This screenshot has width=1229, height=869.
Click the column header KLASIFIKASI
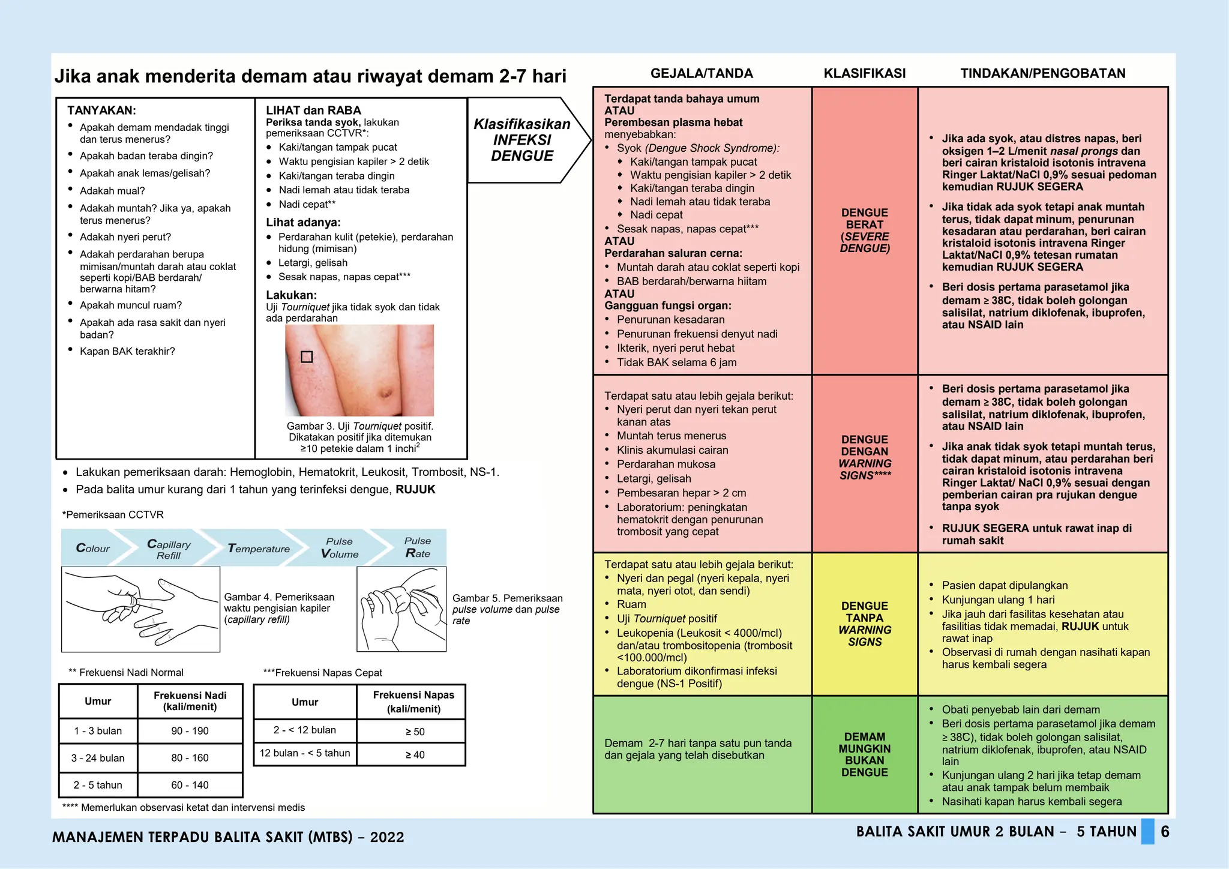coord(864,74)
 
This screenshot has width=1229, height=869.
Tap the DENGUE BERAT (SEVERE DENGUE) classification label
coord(865,230)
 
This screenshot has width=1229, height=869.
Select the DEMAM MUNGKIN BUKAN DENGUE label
coord(865,754)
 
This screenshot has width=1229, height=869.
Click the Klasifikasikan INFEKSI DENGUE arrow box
coord(522,140)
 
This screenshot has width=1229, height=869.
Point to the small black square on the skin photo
coord(307,357)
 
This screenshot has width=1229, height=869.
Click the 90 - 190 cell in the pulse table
coord(190,731)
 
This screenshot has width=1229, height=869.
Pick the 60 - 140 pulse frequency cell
coord(190,785)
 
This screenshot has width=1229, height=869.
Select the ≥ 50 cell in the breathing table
coord(414,732)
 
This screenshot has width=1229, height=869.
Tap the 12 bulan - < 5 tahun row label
coord(305,753)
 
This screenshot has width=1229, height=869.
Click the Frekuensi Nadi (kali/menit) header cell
coord(190,701)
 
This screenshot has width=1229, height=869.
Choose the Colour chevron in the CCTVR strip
coord(93,548)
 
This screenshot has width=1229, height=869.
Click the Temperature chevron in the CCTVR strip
coord(259,549)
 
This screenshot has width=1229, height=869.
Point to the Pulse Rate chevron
coord(417,547)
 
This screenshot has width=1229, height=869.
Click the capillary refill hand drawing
coord(141,609)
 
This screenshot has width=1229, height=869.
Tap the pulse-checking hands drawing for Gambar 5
coord(401,609)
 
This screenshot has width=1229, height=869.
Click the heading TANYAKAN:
coord(101,110)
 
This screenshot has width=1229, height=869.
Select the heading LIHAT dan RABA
coord(313,110)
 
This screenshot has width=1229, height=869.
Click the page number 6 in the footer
coord(1165,832)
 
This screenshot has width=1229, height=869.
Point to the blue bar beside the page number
coord(1147,832)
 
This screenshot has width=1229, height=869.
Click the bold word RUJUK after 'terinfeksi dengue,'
coord(415,490)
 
